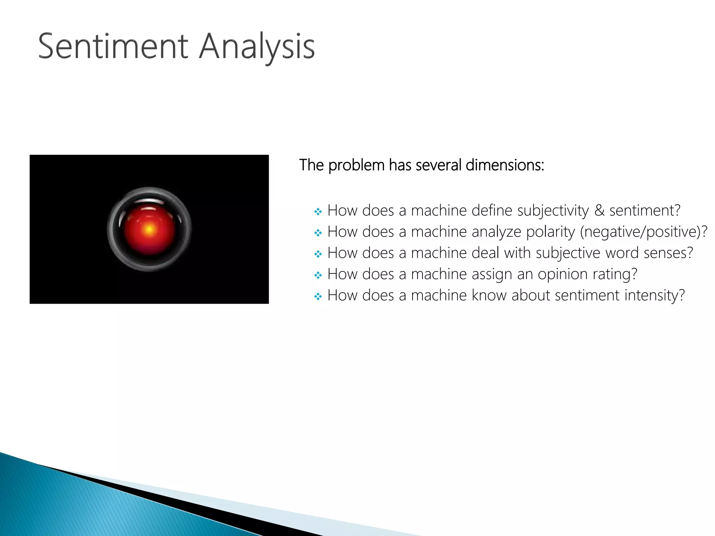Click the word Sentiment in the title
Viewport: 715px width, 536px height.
[113, 46]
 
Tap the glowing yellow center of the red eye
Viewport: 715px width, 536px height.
[149, 230]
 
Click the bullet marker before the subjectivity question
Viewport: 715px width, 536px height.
[318, 212]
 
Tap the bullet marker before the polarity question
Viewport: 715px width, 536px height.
[318, 233]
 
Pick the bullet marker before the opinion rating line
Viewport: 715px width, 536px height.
[318, 276]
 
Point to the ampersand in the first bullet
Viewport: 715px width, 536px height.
[599, 210]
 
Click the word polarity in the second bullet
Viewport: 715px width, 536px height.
[550, 232]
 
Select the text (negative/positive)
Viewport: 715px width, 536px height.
[643, 232]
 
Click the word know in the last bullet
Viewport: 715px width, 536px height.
[489, 296]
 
